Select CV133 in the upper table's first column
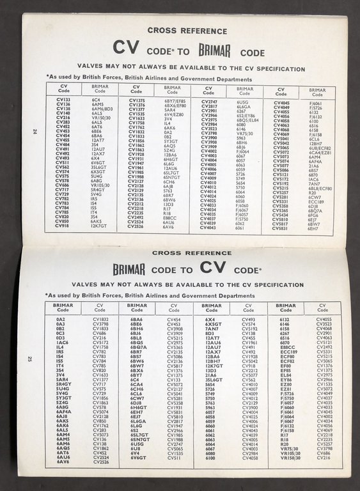(63, 100)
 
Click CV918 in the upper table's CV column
(63, 226)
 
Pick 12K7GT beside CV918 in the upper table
(99, 226)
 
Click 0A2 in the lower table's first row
(61, 319)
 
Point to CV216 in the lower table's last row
(324, 458)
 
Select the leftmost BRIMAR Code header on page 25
(61, 308)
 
